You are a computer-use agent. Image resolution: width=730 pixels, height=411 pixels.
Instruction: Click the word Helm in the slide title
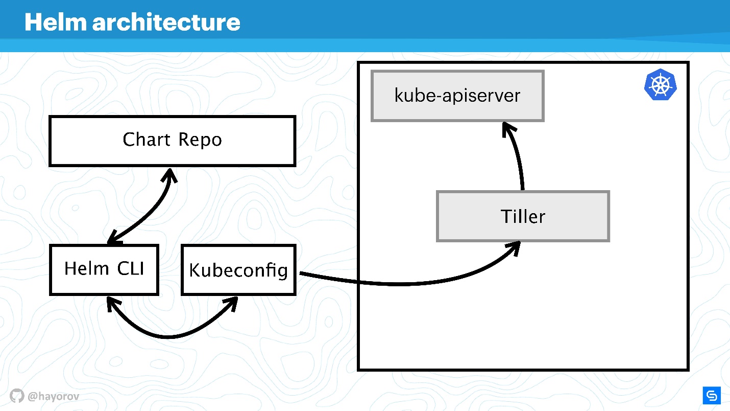[x=56, y=22]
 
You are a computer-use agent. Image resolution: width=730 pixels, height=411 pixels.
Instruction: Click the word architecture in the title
[x=166, y=22]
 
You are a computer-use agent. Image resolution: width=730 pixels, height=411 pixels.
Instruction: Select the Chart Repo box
[x=173, y=141]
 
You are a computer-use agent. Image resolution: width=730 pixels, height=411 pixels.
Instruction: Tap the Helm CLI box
[x=104, y=269]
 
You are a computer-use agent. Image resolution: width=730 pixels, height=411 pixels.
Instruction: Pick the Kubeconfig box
[x=238, y=269]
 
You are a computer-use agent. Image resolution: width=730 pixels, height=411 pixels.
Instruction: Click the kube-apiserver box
[x=457, y=96]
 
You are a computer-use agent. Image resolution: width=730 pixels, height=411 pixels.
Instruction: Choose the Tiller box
[x=523, y=216]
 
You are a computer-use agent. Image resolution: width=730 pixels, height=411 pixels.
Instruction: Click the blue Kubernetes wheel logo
[x=661, y=85]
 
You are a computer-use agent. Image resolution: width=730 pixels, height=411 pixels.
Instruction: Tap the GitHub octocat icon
[x=17, y=396]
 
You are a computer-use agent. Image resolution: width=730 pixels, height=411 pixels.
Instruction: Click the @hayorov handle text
[x=54, y=396]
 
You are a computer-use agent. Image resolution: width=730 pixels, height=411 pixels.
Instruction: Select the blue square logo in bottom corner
[x=712, y=396]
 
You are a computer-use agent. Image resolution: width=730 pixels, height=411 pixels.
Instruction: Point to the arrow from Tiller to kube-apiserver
[x=518, y=153]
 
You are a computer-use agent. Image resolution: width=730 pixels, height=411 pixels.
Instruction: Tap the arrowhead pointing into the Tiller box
[x=515, y=247]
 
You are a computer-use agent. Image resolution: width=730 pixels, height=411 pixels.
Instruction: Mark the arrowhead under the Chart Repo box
[x=170, y=175]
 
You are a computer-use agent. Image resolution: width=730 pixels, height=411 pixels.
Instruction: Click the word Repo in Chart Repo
[x=200, y=140]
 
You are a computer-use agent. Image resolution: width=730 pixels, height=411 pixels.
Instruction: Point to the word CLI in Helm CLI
[x=130, y=269]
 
